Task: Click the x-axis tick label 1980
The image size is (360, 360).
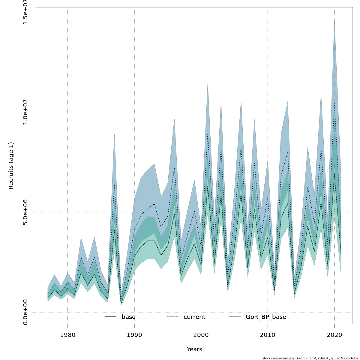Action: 67,334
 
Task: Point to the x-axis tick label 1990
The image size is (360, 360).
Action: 134,334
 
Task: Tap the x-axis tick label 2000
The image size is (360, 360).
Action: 201,334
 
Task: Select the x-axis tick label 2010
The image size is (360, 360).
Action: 268,334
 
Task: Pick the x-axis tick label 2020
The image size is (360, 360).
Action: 334,334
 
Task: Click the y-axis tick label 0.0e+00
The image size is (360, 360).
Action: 25,312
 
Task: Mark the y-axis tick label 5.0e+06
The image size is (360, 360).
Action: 25,212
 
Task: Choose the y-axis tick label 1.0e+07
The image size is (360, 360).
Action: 25,112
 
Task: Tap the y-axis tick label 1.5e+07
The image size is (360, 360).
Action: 25,12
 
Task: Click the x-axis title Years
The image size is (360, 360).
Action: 194,349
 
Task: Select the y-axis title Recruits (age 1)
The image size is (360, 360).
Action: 11,166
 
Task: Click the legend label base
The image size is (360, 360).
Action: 128,317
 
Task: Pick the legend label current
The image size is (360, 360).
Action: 194,317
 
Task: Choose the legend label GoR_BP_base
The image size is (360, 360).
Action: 266,317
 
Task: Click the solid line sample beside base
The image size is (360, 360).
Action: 111,317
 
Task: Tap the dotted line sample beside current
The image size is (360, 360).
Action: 173,317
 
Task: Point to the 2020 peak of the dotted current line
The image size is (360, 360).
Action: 334,104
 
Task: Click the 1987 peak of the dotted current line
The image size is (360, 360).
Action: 114,184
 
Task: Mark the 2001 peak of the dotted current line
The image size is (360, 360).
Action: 208,134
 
